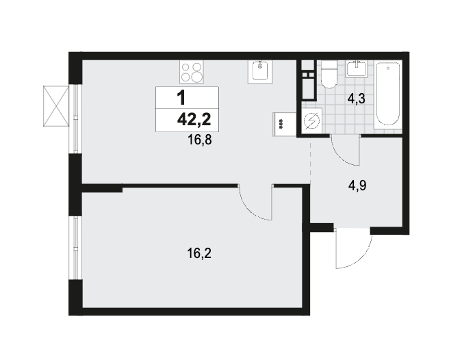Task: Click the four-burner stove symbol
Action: [x=192, y=72]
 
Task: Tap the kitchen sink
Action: [x=260, y=72]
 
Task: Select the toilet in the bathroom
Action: [x=329, y=74]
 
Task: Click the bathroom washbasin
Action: [x=357, y=68]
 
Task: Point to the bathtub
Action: [x=388, y=94]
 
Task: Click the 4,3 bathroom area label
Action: [x=356, y=99]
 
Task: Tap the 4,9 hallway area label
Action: [x=357, y=185]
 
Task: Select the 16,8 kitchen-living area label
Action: [x=200, y=140]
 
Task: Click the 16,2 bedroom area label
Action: [x=199, y=253]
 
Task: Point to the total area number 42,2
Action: [x=194, y=119]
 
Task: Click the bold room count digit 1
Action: [x=181, y=98]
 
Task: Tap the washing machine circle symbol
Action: [x=311, y=120]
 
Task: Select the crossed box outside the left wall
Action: [x=56, y=106]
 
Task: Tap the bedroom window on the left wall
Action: [x=75, y=248]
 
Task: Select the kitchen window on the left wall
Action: [x=75, y=119]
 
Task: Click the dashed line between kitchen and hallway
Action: [x=311, y=161]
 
